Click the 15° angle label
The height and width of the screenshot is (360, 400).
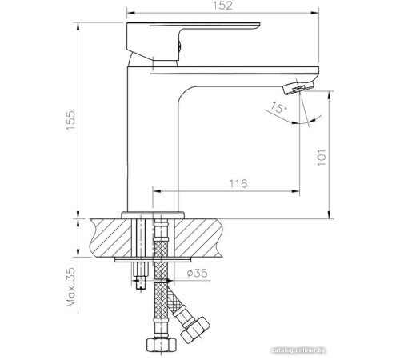pyautogui.click(x=278, y=108)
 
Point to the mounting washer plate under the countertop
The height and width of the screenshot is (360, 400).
pyautogui.click(x=153, y=260)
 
